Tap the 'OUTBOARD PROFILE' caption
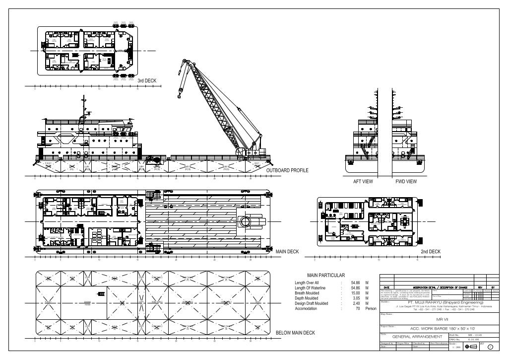pos(287,170)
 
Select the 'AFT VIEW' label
pos(363,182)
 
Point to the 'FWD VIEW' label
pos(405,182)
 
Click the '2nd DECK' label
pos(430,252)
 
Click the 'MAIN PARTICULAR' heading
pos(326,275)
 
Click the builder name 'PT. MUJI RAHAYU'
pos(425,302)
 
